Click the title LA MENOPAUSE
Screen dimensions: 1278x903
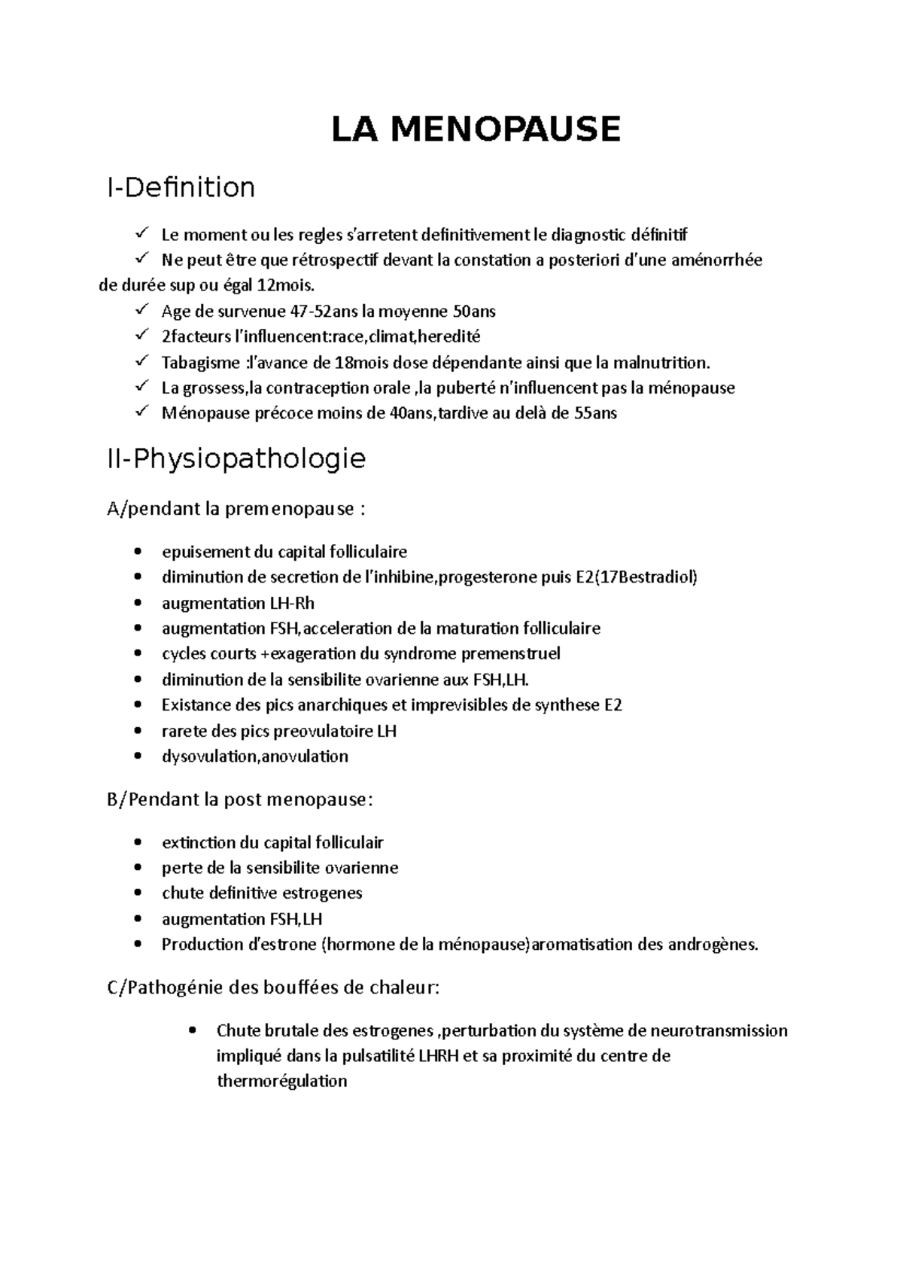coord(476,129)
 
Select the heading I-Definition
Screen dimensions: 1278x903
coord(181,187)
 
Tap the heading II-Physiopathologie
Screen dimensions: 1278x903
coord(237,458)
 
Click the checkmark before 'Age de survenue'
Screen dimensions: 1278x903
coord(142,310)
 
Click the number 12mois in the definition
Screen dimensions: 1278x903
coord(287,286)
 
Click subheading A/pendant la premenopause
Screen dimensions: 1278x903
coord(237,510)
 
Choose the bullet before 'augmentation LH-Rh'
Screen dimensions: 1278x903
coord(136,604)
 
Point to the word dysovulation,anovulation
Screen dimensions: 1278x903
coord(255,756)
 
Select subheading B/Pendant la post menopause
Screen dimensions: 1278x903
coord(240,799)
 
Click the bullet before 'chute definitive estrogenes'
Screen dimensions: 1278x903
coord(136,893)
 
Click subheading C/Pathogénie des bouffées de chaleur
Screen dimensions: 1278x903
coord(274,987)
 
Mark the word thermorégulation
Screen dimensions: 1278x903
coord(281,1082)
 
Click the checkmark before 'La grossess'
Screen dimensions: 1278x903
coord(142,387)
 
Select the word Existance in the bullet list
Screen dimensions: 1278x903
coord(193,705)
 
